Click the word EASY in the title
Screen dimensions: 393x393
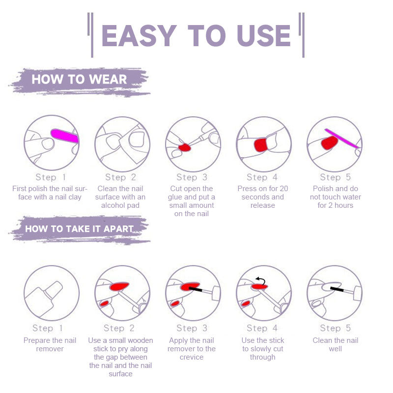[139, 35]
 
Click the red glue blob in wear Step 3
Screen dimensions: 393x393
[185, 147]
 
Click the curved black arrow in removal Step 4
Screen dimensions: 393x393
[260, 280]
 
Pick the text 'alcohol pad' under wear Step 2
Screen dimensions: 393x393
[120, 205]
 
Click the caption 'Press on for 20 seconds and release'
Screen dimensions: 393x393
[263, 197]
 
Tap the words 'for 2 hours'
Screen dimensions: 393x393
[335, 205]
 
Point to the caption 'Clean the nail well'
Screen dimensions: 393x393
[336, 344]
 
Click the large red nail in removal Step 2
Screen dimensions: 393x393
[119, 285]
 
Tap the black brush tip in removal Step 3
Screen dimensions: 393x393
[196, 290]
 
